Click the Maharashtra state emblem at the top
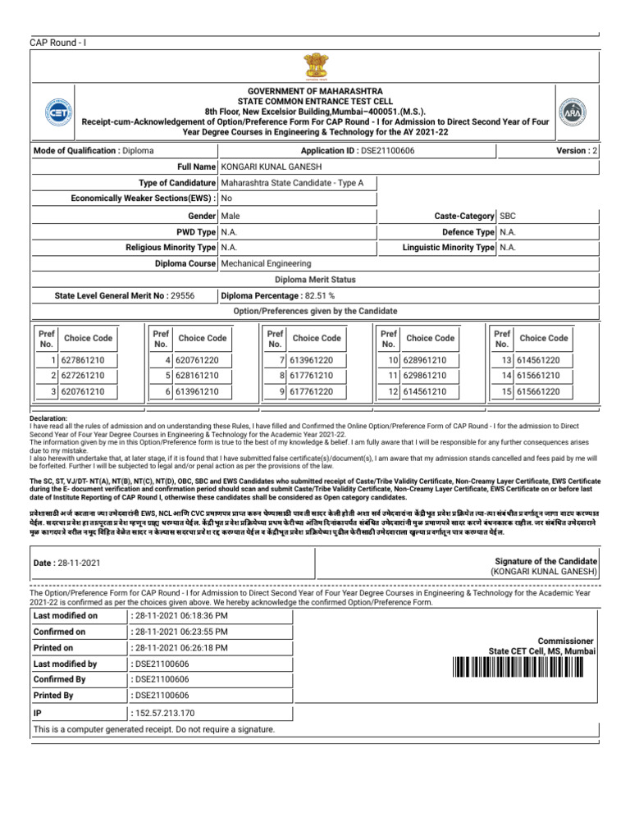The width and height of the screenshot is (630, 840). (x=315, y=65)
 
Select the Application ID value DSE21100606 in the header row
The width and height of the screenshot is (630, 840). (x=388, y=151)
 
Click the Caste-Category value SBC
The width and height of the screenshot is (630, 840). (x=508, y=215)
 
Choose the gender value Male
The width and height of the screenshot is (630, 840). (x=231, y=215)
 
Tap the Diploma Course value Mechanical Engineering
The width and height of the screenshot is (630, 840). (x=266, y=264)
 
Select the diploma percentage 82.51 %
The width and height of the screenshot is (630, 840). (x=309, y=295)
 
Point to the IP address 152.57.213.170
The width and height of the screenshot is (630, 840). (x=167, y=713)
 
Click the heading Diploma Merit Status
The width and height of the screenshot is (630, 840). (x=315, y=280)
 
